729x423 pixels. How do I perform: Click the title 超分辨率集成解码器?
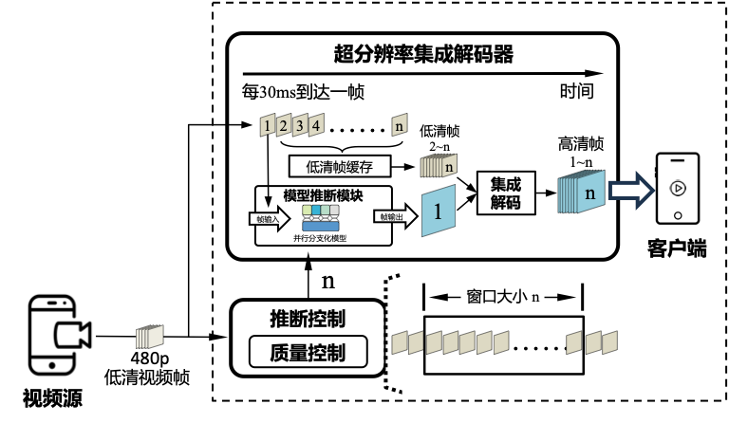click(423, 54)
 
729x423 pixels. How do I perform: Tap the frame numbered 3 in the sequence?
click(300, 124)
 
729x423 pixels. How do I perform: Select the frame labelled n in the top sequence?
click(400, 124)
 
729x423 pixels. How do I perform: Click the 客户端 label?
click(675, 249)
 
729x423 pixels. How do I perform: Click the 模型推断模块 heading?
click(323, 193)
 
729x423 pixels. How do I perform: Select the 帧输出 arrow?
click(391, 217)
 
